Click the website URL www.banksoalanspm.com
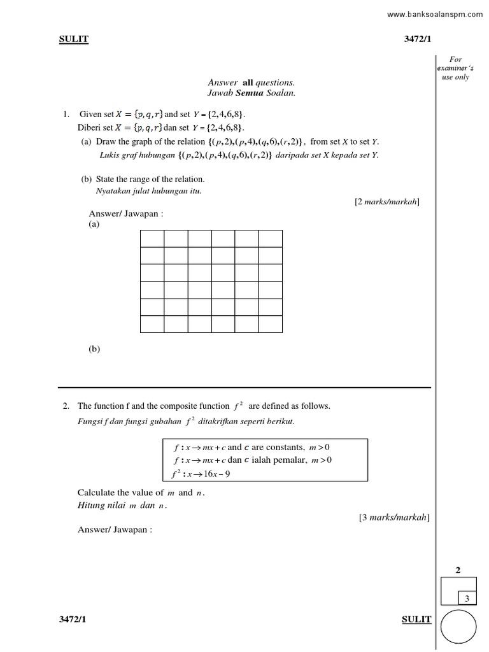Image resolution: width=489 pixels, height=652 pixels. tap(435, 15)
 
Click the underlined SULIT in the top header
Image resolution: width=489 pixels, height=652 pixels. tap(73, 39)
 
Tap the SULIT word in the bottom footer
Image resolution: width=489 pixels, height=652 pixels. tap(416, 619)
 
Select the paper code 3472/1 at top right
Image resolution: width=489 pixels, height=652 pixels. tap(416, 39)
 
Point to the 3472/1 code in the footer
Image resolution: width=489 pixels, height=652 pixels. tap(73, 619)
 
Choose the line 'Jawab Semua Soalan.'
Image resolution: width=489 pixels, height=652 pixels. tap(252, 93)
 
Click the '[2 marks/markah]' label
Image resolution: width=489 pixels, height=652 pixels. tap(387, 202)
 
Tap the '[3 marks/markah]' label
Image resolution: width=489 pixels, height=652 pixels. tap(393, 518)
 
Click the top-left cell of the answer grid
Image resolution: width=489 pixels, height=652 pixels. tap(152, 238)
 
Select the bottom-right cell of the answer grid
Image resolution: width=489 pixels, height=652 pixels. tap(270, 323)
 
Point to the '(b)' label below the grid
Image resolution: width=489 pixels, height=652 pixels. tap(95, 349)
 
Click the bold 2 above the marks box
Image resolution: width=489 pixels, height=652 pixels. tap(457, 570)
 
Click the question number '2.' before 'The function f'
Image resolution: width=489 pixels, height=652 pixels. tap(66, 406)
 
